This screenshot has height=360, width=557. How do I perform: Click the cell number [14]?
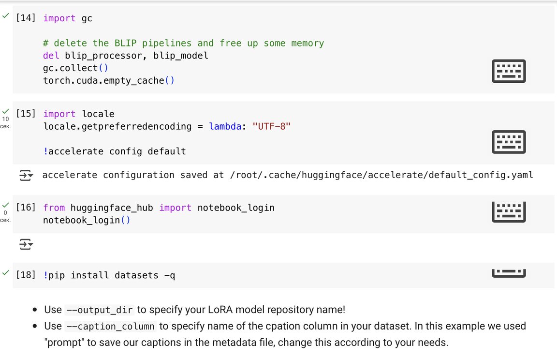tap(26, 18)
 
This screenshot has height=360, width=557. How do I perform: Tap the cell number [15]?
tap(26, 114)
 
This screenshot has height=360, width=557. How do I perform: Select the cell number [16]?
tap(26, 208)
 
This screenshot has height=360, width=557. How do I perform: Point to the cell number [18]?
tap(26, 275)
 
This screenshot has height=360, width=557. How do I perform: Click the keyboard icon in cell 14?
tap(508, 71)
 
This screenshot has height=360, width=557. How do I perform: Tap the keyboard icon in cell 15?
tap(508, 142)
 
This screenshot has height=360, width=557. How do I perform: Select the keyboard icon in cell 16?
tap(508, 212)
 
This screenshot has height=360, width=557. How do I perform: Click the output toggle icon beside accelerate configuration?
tap(26, 175)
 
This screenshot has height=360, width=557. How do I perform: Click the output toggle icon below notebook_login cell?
tap(26, 245)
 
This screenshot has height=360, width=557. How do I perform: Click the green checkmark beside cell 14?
tap(6, 16)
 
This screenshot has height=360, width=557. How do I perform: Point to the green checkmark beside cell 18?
tap(6, 273)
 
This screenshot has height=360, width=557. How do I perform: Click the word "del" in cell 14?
tap(51, 56)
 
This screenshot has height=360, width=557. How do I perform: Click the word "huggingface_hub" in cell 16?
tap(112, 208)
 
